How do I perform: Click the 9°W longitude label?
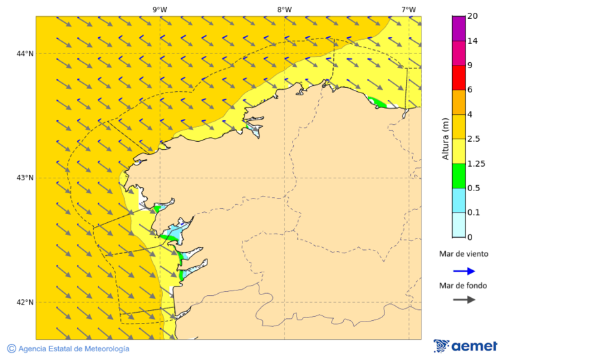point(159,9)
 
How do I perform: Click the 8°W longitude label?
point(284,9)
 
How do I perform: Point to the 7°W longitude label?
point(408,9)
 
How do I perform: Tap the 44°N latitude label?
point(25,54)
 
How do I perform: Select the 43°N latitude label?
point(25,178)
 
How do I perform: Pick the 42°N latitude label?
point(25,303)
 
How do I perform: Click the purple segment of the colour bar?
point(459,28)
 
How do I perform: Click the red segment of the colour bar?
point(459,77)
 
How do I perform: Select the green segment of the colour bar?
point(459,176)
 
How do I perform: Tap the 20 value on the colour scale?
point(473,16)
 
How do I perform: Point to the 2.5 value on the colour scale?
point(475,139)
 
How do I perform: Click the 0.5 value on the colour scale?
point(475,188)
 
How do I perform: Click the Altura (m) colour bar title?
point(445,138)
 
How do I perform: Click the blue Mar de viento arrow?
point(464,271)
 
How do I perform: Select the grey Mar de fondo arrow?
point(464,300)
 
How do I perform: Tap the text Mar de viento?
point(463,255)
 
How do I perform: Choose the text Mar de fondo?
point(463,286)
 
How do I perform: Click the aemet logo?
point(465,346)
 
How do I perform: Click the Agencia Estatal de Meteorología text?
point(74,349)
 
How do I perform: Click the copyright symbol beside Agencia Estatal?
point(11,349)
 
